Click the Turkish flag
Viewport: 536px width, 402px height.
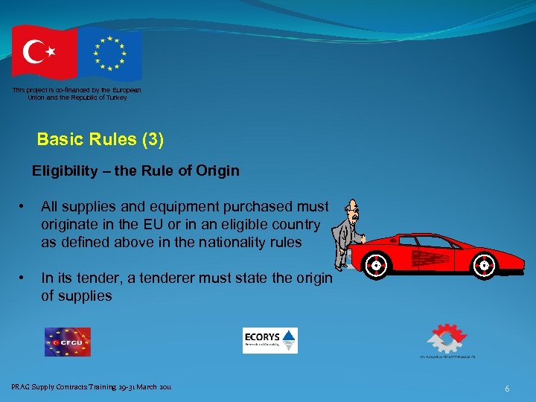click(43, 51)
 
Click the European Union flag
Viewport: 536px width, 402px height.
click(110, 53)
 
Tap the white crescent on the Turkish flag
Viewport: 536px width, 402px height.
click(34, 51)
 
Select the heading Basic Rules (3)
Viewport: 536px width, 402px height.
click(100, 139)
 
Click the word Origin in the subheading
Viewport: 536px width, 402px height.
click(217, 171)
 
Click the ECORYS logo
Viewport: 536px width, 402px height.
click(269, 340)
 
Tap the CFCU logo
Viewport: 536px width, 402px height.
click(67, 342)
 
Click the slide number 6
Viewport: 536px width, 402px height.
click(507, 389)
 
